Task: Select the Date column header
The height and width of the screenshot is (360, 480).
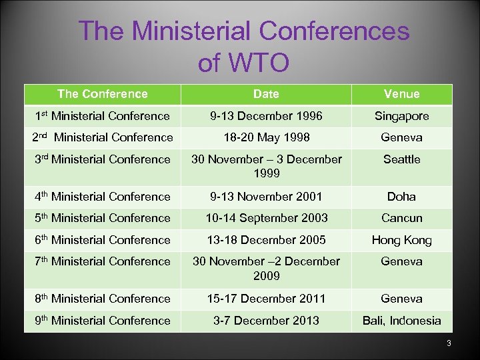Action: (266, 94)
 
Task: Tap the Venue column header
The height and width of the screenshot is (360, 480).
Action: (401, 94)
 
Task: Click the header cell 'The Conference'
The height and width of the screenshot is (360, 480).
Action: (103, 94)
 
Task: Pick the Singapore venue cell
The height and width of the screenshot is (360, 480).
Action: (401, 116)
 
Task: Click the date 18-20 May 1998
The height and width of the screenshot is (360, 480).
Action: (266, 137)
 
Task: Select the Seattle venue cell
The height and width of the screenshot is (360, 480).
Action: (401, 159)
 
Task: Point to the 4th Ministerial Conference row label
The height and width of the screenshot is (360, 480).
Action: (103, 197)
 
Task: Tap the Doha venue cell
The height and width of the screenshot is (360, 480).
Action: (401, 197)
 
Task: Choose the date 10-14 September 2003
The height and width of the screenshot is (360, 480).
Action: (266, 218)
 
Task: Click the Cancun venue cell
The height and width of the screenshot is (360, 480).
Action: (401, 218)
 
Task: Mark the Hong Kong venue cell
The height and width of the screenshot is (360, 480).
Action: (401, 240)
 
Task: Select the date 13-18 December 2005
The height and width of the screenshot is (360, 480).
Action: (266, 240)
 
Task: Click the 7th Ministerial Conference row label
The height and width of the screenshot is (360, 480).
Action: (103, 261)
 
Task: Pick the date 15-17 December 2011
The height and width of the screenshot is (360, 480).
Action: (266, 299)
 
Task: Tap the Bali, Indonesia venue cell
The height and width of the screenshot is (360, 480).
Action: (401, 321)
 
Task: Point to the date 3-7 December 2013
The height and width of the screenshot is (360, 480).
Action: (266, 321)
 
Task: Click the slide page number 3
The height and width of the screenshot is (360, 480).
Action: (449, 343)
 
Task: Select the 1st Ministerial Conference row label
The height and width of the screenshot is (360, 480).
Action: (103, 116)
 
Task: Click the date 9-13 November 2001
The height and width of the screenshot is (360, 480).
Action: (266, 197)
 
